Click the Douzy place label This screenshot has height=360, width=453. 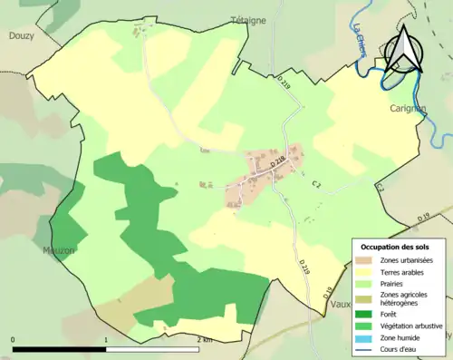[x=20, y=36]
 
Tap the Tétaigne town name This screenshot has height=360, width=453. [x=247, y=19]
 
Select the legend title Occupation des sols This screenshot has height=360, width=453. [x=395, y=247]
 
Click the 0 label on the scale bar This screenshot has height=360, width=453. [x=13, y=339]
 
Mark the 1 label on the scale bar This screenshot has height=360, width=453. [x=107, y=339]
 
